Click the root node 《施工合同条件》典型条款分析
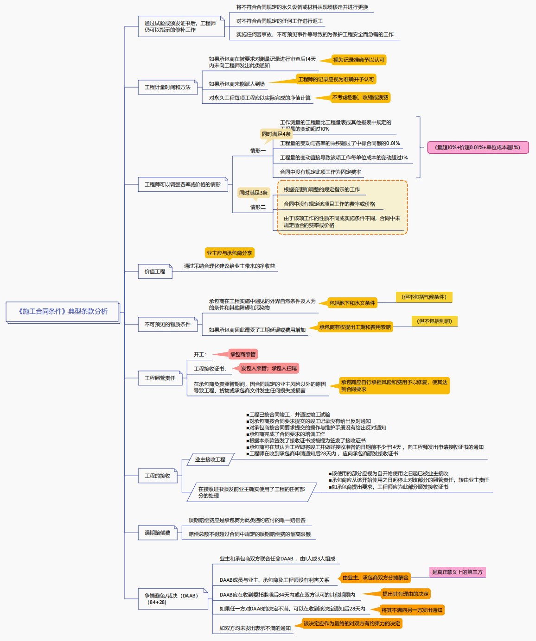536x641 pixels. click(x=63, y=312)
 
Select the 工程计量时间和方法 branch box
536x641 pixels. click(x=167, y=87)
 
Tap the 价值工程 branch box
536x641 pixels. click(x=155, y=271)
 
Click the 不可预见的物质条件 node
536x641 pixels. click(x=167, y=324)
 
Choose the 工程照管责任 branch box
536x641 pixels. click(x=160, y=378)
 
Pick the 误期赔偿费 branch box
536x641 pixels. click(x=157, y=533)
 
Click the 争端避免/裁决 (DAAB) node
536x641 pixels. click(x=171, y=599)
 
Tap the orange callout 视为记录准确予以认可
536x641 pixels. click(x=358, y=60)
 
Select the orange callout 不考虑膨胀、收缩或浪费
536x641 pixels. click(x=360, y=97)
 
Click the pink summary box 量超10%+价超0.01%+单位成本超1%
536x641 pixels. click(x=478, y=147)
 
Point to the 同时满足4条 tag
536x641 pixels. click(x=276, y=134)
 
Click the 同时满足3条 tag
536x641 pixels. click(x=253, y=193)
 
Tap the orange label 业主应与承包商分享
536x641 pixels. click(x=230, y=253)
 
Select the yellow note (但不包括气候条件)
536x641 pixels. click(x=424, y=297)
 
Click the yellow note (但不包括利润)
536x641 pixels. click(x=434, y=321)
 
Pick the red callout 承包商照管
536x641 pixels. click(x=243, y=354)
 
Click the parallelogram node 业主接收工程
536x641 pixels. click(x=210, y=459)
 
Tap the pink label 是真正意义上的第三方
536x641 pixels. click(x=457, y=572)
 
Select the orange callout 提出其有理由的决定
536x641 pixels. click(x=405, y=594)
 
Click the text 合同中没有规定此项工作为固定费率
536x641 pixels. click(x=320, y=172)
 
